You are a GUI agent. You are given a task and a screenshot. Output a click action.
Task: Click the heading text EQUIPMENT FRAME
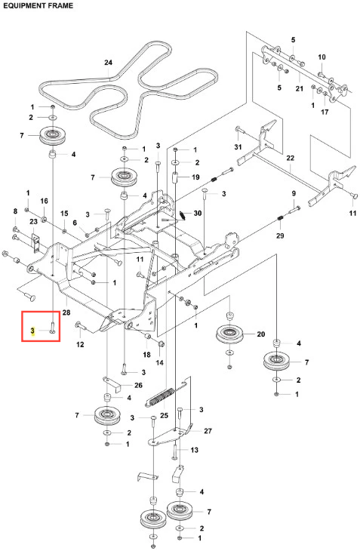[x=38, y=5]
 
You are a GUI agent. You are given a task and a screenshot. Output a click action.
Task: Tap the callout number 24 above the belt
[x=108, y=63]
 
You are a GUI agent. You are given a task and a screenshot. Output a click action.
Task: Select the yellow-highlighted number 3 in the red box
[x=32, y=331]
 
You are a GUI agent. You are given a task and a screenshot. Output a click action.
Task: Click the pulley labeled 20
[x=230, y=334]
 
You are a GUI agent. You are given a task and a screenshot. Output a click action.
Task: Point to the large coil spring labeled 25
[x=160, y=397]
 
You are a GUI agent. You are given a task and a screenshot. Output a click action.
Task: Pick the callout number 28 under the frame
[x=66, y=312]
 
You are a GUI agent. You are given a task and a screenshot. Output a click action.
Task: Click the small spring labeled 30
[x=183, y=215]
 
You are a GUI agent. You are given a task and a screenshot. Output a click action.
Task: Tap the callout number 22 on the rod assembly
[x=290, y=159]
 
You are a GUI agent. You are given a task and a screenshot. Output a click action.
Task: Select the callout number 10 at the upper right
[x=322, y=57]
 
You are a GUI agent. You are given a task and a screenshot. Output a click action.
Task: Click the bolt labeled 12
[x=81, y=328]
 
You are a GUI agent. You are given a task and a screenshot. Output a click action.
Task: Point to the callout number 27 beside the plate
[x=208, y=430]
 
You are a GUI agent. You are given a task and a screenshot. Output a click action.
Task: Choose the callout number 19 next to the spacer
[x=195, y=177]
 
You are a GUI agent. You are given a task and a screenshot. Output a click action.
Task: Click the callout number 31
[x=238, y=146]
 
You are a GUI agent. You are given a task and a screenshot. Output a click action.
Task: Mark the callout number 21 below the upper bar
[x=299, y=88]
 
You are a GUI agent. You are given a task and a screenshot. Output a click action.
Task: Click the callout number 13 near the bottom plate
[x=194, y=450]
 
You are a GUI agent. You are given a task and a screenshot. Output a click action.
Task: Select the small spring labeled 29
[x=280, y=219]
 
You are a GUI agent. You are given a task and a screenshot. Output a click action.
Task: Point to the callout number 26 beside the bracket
[x=138, y=385]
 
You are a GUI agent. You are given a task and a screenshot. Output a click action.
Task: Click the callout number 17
[x=325, y=112]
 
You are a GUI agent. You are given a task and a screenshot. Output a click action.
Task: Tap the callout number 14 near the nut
[x=159, y=362]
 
